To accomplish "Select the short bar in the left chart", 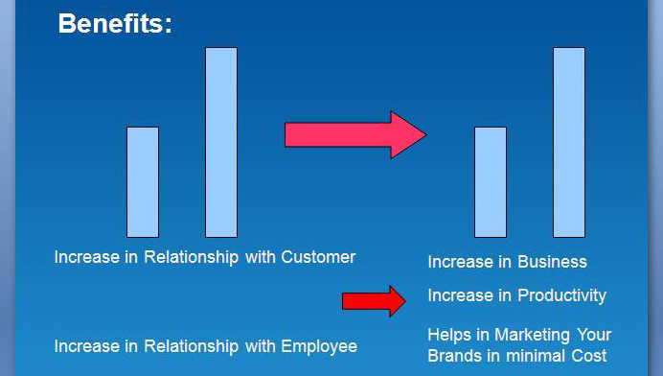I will (x=143, y=181).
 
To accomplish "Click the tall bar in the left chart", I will (x=221, y=142).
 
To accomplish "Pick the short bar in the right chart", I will (x=491, y=181).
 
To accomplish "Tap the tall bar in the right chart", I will (x=569, y=142).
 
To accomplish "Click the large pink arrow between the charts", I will (x=354, y=134).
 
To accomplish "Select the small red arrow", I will (x=374, y=300).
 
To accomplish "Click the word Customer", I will (x=318, y=257).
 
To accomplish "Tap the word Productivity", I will (x=561, y=295).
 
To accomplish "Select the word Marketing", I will (x=528, y=335).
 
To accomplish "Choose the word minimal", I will (x=532, y=356).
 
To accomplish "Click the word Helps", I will (x=449, y=335).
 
